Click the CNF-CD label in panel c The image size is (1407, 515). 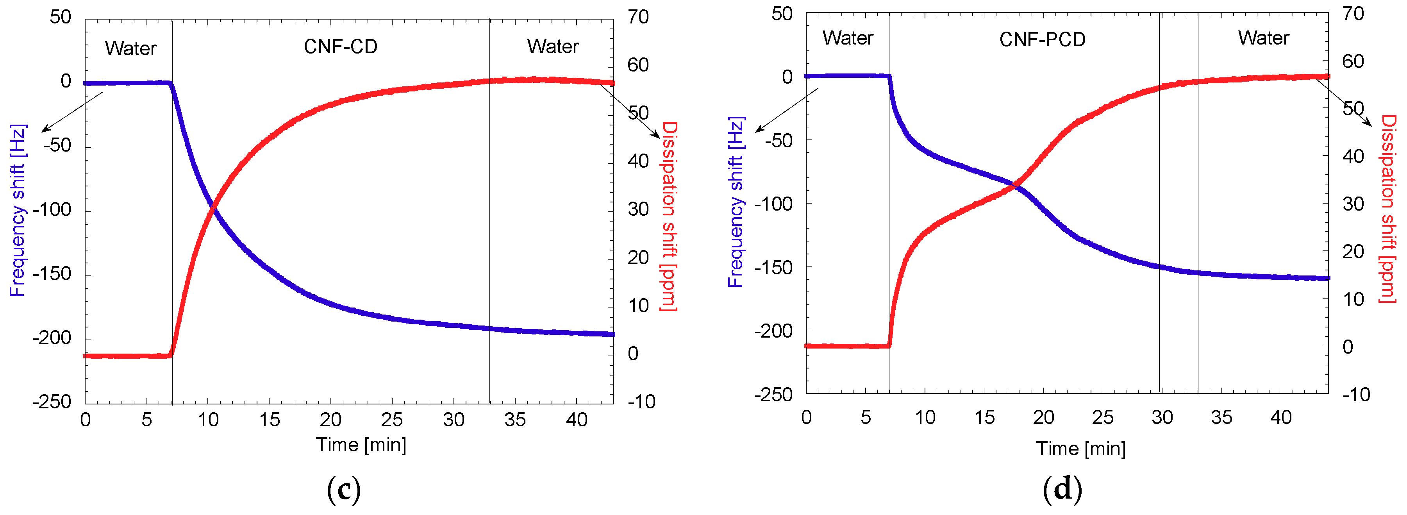(x=340, y=47)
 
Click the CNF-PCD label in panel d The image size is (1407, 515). (x=1042, y=40)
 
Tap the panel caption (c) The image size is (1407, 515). (x=344, y=489)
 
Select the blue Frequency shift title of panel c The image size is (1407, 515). (x=18, y=210)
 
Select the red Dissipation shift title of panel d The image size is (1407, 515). (x=1388, y=209)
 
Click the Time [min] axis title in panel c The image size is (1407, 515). (x=361, y=445)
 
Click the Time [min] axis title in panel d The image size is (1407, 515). (x=1081, y=449)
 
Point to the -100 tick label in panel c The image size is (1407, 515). (x=52, y=210)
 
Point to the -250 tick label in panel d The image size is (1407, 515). (x=773, y=394)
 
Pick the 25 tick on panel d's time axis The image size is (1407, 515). (x=1102, y=418)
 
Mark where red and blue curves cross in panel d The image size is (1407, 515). (x=1015, y=186)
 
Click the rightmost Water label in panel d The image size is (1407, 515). (x=1263, y=38)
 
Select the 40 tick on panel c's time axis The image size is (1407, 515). (x=576, y=420)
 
